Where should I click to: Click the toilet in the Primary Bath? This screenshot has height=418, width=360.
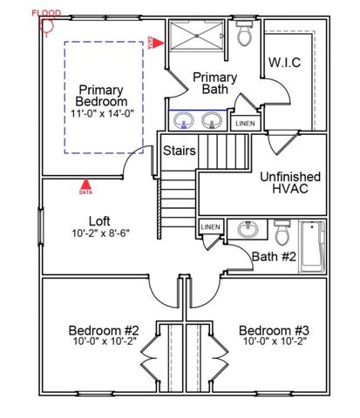point(245,36)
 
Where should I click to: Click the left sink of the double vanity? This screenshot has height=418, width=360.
point(184,119)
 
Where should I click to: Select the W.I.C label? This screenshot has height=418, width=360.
point(285,63)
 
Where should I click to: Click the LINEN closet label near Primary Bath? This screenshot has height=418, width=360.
point(245,124)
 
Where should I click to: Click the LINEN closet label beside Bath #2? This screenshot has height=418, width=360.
point(211,227)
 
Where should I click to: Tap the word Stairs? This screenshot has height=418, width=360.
point(179,151)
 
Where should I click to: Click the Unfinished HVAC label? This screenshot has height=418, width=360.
point(289,183)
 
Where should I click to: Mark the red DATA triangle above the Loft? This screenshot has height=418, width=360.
point(85,185)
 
